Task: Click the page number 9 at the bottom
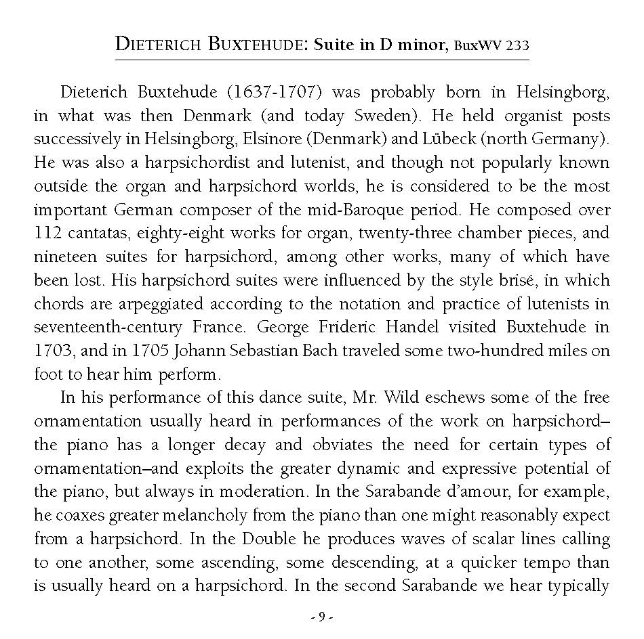point(322,617)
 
